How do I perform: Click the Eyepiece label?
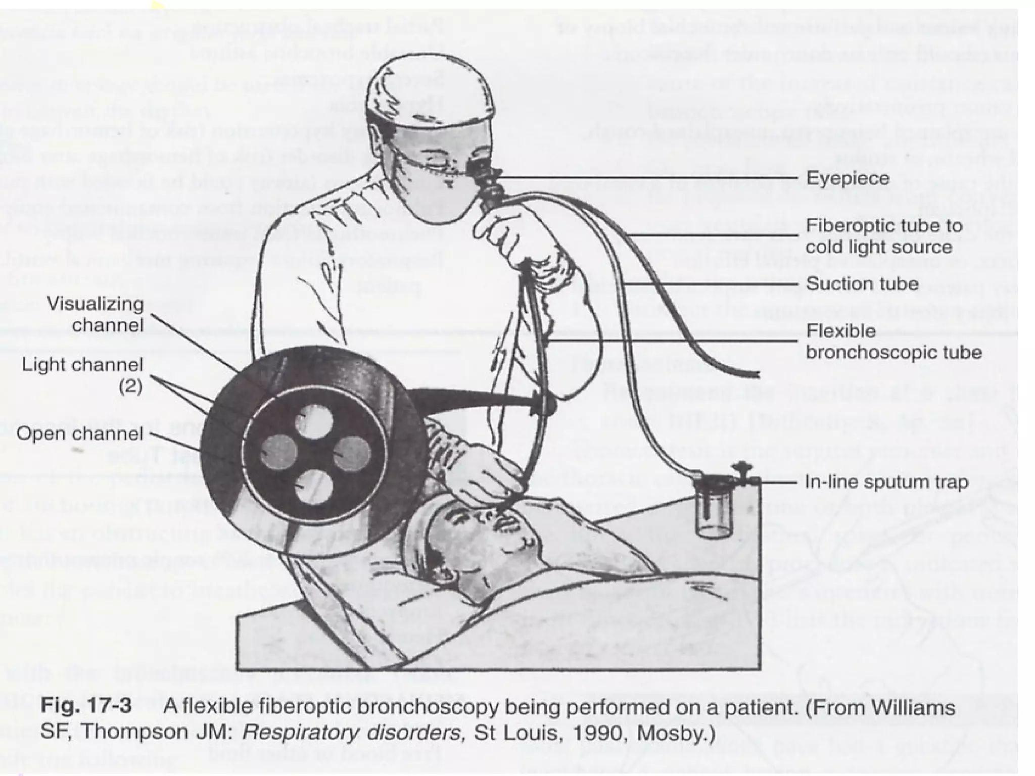tap(848, 178)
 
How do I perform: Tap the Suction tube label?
tap(862, 284)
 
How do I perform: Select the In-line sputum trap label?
tap(886, 482)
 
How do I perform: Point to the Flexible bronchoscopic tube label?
tap(893, 342)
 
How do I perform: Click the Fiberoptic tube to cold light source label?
tap(883, 236)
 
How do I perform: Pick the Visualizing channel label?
tap(95, 314)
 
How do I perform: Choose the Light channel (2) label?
tap(82, 375)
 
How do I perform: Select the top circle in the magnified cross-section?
tap(314, 422)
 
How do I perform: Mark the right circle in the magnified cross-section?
tap(352, 453)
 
